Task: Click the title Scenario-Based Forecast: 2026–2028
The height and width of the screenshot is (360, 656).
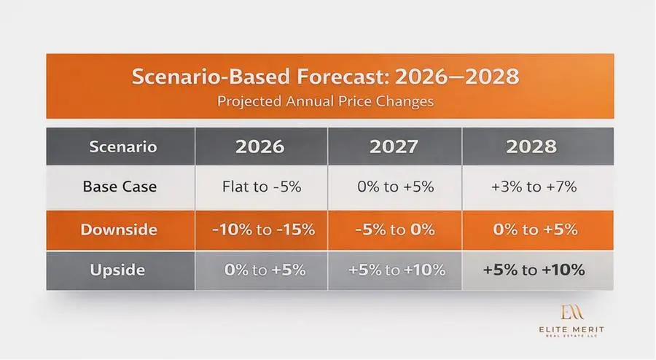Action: pos(326,77)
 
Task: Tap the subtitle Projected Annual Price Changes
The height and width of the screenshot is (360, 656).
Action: pos(326,101)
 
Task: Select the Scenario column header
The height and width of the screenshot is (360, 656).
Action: pos(123,146)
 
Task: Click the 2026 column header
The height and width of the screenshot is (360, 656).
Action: pos(259,146)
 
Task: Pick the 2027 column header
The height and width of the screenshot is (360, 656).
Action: pos(394,146)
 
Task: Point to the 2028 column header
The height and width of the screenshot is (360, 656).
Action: pos(531,146)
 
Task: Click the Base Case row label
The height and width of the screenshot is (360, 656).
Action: pos(120,187)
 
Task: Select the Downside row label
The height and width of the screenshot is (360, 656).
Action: pos(119,230)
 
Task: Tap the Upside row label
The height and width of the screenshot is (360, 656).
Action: pos(117,270)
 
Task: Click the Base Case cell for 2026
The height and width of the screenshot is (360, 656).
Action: pos(262,187)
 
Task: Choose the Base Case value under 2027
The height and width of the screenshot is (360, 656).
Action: pos(396,187)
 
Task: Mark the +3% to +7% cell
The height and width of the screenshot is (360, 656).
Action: pos(534,187)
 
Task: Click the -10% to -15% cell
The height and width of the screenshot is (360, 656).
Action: pos(264,230)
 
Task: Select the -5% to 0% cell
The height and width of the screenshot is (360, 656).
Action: pos(395,230)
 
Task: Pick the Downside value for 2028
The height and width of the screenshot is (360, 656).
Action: pos(535,230)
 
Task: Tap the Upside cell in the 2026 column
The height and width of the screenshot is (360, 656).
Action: pos(265,270)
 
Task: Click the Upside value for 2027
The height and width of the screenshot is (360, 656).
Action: pos(397,270)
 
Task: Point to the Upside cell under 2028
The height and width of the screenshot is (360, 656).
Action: pos(534,270)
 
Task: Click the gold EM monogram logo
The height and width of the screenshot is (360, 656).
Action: pos(571,312)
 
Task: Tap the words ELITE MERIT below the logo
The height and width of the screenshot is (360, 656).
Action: pos(571,330)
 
